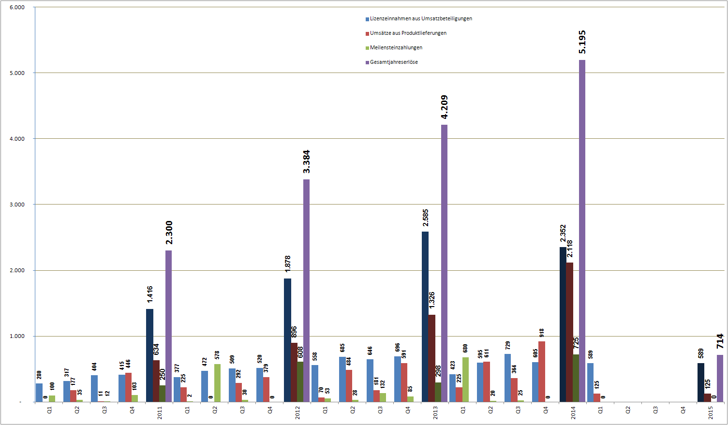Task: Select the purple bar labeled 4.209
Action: click(x=444, y=263)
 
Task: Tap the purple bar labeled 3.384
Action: click(x=306, y=290)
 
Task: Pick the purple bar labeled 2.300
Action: click(x=168, y=326)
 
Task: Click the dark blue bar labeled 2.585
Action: click(x=425, y=317)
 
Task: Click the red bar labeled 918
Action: click(x=542, y=371)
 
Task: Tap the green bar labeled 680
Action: click(x=465, y=380)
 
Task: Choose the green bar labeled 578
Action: click(x=217, y=383)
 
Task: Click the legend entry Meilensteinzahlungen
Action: click(x=396, y=47)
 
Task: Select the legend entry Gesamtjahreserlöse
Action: click(x=394, y=62)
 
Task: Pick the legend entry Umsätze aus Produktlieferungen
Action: click(x=408, y=33)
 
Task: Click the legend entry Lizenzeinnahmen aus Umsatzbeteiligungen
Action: click(x=421, y=18)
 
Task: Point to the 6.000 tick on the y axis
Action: click(x=17, y=7)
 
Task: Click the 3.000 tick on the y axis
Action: click(x=17, y=205)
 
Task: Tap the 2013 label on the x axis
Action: click(x=435, y=413)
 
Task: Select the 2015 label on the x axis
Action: click(x=711, y=413)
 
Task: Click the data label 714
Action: click(x=720, y=341)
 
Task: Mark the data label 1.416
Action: click(x=150, y=294)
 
